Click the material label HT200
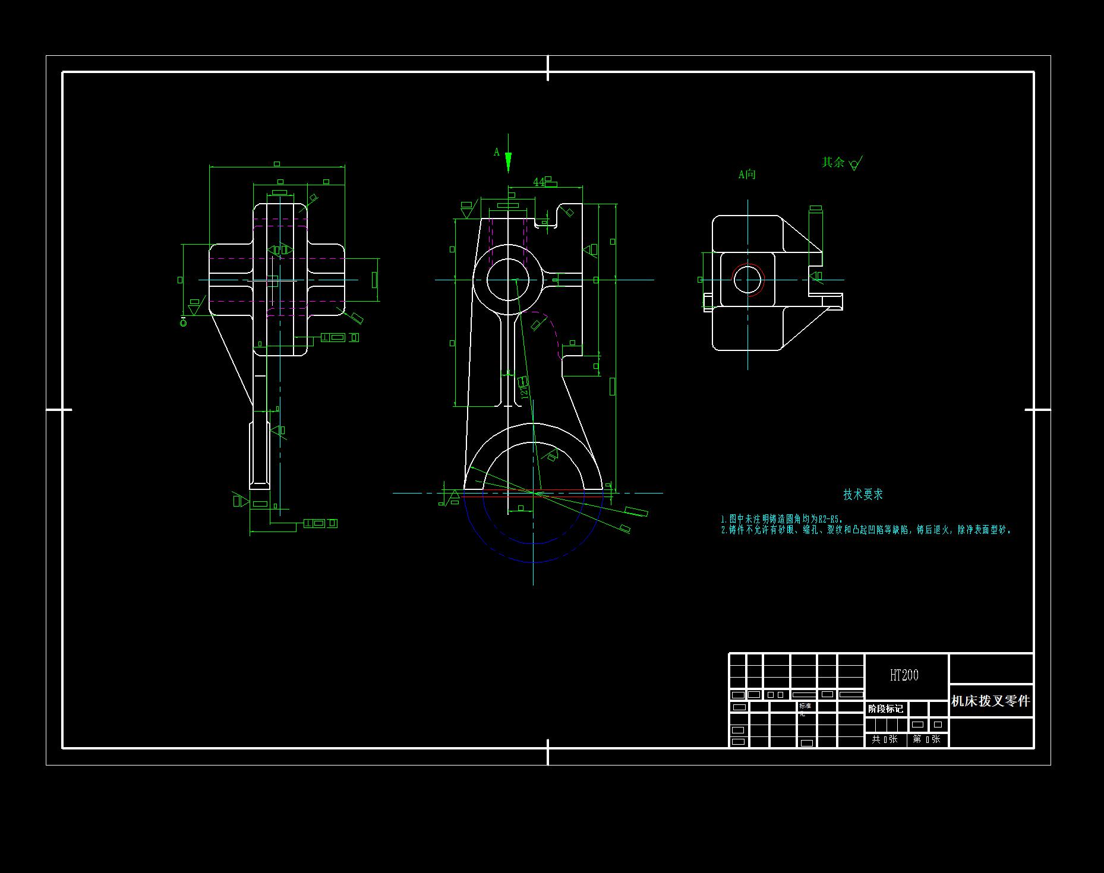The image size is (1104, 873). [x=904, y=675]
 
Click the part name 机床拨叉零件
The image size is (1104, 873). [x=990, y=701]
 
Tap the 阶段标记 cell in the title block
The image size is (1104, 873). [x=885, y=709]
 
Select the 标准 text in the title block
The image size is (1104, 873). [x=805, y=706]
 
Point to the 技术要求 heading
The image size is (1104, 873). [x=863, y=495]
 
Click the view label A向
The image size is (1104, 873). [x=747, y=175]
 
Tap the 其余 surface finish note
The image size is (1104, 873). [x=832, y=162]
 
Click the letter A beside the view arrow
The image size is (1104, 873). [x=497, y=153]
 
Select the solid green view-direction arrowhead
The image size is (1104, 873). [x=508, y=162]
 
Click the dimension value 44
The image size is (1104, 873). [x=538, y=182]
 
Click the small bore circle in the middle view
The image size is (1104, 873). [x=508, y=280]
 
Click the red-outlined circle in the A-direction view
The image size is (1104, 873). [x=747, y=280]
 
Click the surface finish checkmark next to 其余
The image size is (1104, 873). [x=856, y=163]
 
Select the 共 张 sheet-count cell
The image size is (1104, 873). [x=885, y=739]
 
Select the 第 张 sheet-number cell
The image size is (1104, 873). [x=926, y=739]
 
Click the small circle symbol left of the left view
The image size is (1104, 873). [x=183, y=322]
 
